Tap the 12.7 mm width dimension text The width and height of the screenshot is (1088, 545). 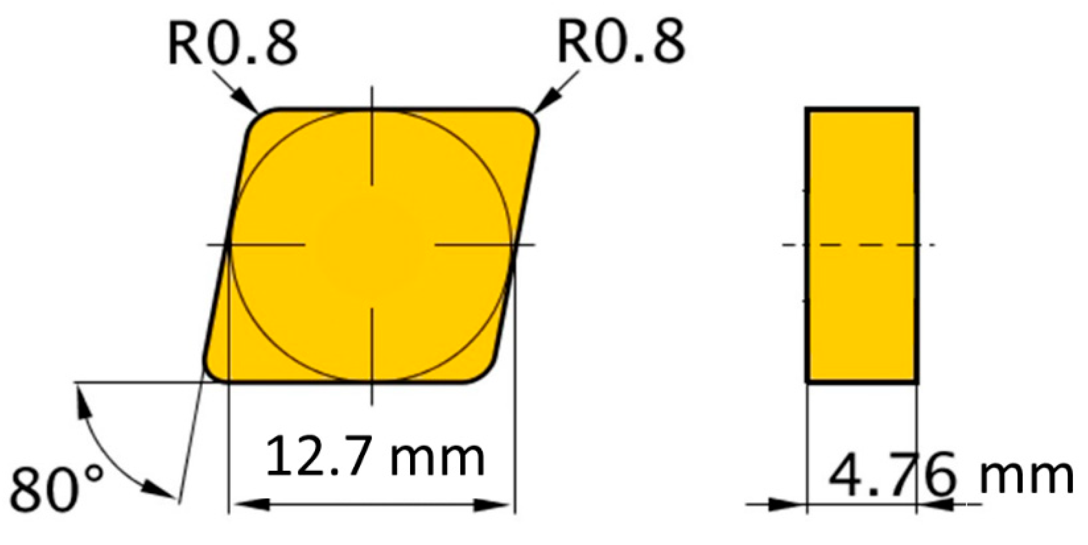pyautogui.click(x=375, y=457)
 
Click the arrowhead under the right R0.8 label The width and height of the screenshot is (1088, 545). pyautogui.click(x=544, y=103)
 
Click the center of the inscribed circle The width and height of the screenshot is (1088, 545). pyautogui.click(x=372, y=245)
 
